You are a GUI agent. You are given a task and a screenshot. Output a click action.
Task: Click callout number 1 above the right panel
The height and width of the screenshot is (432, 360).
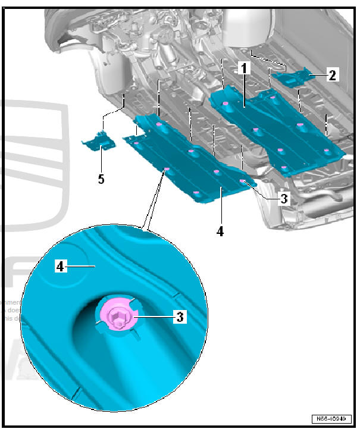[x=244, y=69]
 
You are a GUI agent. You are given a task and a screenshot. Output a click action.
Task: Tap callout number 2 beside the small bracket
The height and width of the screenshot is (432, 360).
[x=332, y=75]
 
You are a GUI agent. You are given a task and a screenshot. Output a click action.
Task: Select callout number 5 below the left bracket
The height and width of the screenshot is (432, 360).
[x=101, y=179]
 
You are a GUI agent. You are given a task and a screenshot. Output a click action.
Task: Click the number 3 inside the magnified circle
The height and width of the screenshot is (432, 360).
[x=179, y=317]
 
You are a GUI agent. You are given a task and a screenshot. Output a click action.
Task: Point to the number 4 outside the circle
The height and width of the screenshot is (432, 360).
[x=220, y=231]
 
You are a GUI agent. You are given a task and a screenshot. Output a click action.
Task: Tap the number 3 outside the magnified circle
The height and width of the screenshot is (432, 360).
[x=284, y=199]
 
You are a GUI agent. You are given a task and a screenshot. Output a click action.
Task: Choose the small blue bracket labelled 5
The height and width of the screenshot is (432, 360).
[x=99, y=141]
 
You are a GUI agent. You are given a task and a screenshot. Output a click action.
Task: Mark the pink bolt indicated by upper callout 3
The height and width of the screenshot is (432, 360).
[x=243, y=181]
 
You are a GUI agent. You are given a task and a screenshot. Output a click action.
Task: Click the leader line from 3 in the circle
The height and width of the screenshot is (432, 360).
[x=155, y=318]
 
